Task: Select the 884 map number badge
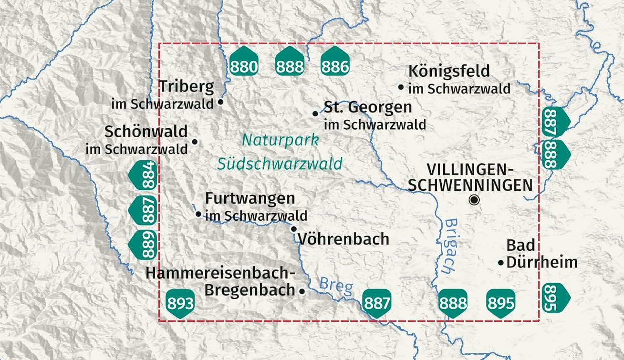[x=143, y=175]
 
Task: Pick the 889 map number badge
[x=143, y=245]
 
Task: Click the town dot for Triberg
[x=221, y=101]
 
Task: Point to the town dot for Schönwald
[x=195, y=142]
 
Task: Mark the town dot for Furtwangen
[x=198, y=214]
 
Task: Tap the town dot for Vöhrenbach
[x=294, y=229]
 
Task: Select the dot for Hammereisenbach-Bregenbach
[x=302, y=291]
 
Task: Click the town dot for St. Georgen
[x=315, y=113]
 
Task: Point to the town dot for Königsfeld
[x=401, y=87]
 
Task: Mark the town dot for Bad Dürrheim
[x=501, y=263]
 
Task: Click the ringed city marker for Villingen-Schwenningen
[x=474, y=200]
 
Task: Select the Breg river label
[x=336, y=286]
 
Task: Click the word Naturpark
[x=280, y=140]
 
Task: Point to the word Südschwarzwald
[x=280, y=164]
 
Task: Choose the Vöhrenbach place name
[x=344, y=239]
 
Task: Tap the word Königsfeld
[x=449, y=71]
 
